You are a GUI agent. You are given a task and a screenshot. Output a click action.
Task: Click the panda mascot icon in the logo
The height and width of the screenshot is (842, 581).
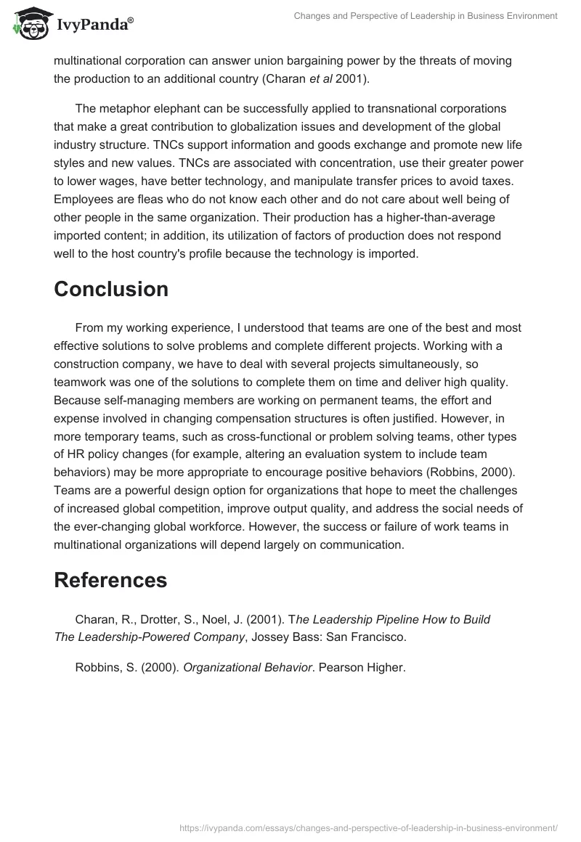[28, 25]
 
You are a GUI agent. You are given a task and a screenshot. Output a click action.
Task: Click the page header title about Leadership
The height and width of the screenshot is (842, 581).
[425, 15]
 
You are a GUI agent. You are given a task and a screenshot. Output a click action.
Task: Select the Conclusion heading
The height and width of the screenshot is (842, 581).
[111, 289]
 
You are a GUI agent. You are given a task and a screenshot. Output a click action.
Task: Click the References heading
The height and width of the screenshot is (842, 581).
[110, 580]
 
